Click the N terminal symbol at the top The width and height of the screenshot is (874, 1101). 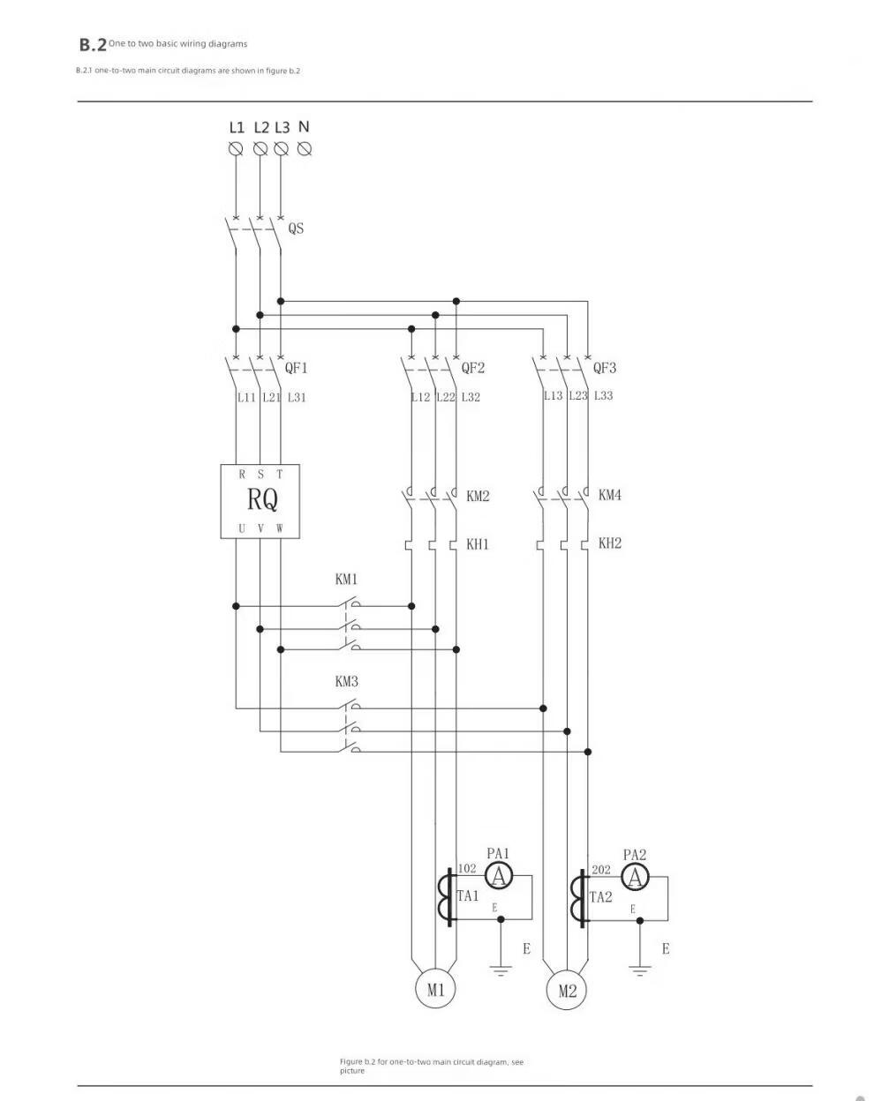[x=305, y=149]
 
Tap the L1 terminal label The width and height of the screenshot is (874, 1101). [x=236, y=127]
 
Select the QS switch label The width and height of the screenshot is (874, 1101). [x=296, y=228]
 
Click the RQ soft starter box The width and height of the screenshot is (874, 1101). [x=260, y=501]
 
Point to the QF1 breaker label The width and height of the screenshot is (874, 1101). [x=296, y=368]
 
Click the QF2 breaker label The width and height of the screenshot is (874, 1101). [x=472, y=368]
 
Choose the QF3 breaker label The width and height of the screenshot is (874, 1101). [x=604, y=368]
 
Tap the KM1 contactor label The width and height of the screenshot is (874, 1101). [x=346, y=579]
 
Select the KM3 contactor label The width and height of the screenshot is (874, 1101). [x=346, y=681]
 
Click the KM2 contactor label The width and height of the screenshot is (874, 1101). [x=478, y=496]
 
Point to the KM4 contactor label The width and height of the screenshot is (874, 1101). [x=610, y=495]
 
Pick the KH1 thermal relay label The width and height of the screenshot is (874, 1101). [x=478, y=543]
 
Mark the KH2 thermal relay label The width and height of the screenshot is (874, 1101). [x=610, y=543]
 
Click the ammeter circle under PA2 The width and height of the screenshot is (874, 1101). [x=635, y=878]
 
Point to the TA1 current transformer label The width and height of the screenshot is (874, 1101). [x=468, y=895]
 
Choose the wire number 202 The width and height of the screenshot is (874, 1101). [x=601, y=870]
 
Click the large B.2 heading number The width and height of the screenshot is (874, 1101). [x=93, y=45]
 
